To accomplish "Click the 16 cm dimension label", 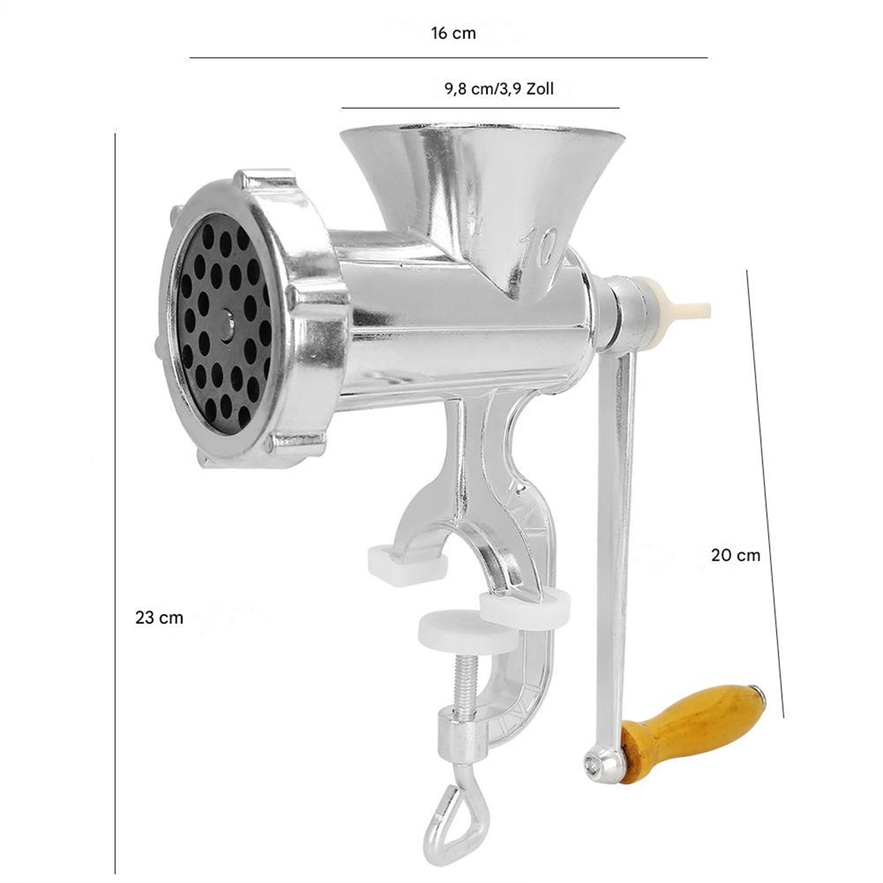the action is tap(453, 33).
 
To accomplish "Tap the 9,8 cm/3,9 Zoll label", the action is tap(499, 88).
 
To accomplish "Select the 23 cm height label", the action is tap(159, 617).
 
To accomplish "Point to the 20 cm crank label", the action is tap(735, 556).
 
